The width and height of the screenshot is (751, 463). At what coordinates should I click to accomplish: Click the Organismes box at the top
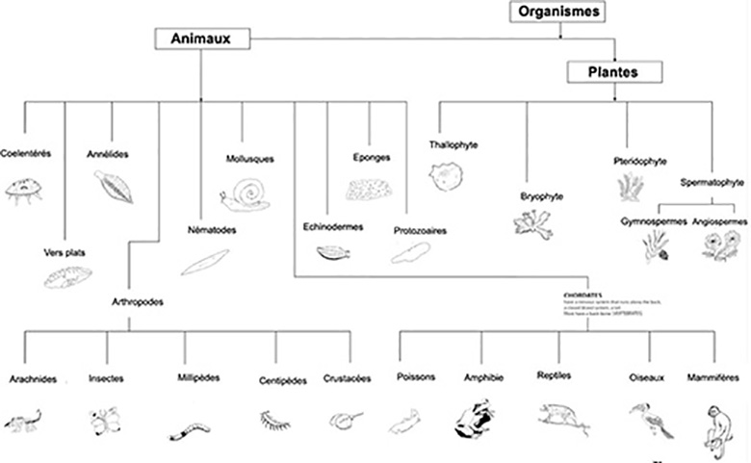click(558, 12)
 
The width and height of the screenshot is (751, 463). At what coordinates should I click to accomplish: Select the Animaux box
click(201, 38)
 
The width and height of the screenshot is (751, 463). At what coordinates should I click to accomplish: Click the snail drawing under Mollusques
click(245, 194)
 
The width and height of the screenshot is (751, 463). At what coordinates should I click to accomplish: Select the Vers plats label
click(61, 252)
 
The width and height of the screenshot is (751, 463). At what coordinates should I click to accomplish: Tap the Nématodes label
click(212, 230)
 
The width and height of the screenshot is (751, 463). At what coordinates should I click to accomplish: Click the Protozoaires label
click(419, 231)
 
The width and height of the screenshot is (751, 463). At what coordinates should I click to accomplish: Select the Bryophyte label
click(542, 196)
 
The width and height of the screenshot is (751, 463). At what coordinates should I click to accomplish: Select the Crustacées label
click(346, 378)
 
